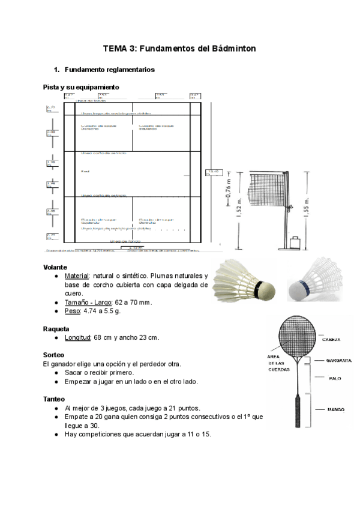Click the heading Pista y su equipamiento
pyautogui.click(x=81, y=88)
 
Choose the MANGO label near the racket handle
pyautogui.click(x=335, y=410)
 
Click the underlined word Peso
pyautogui.click(x=73, y=311)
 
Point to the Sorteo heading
pyautogui.click(x=54, y=355)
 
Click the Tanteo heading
pyautogui.click(x=55, y=399)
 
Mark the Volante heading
pyautogui.click(x=55, y=267)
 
